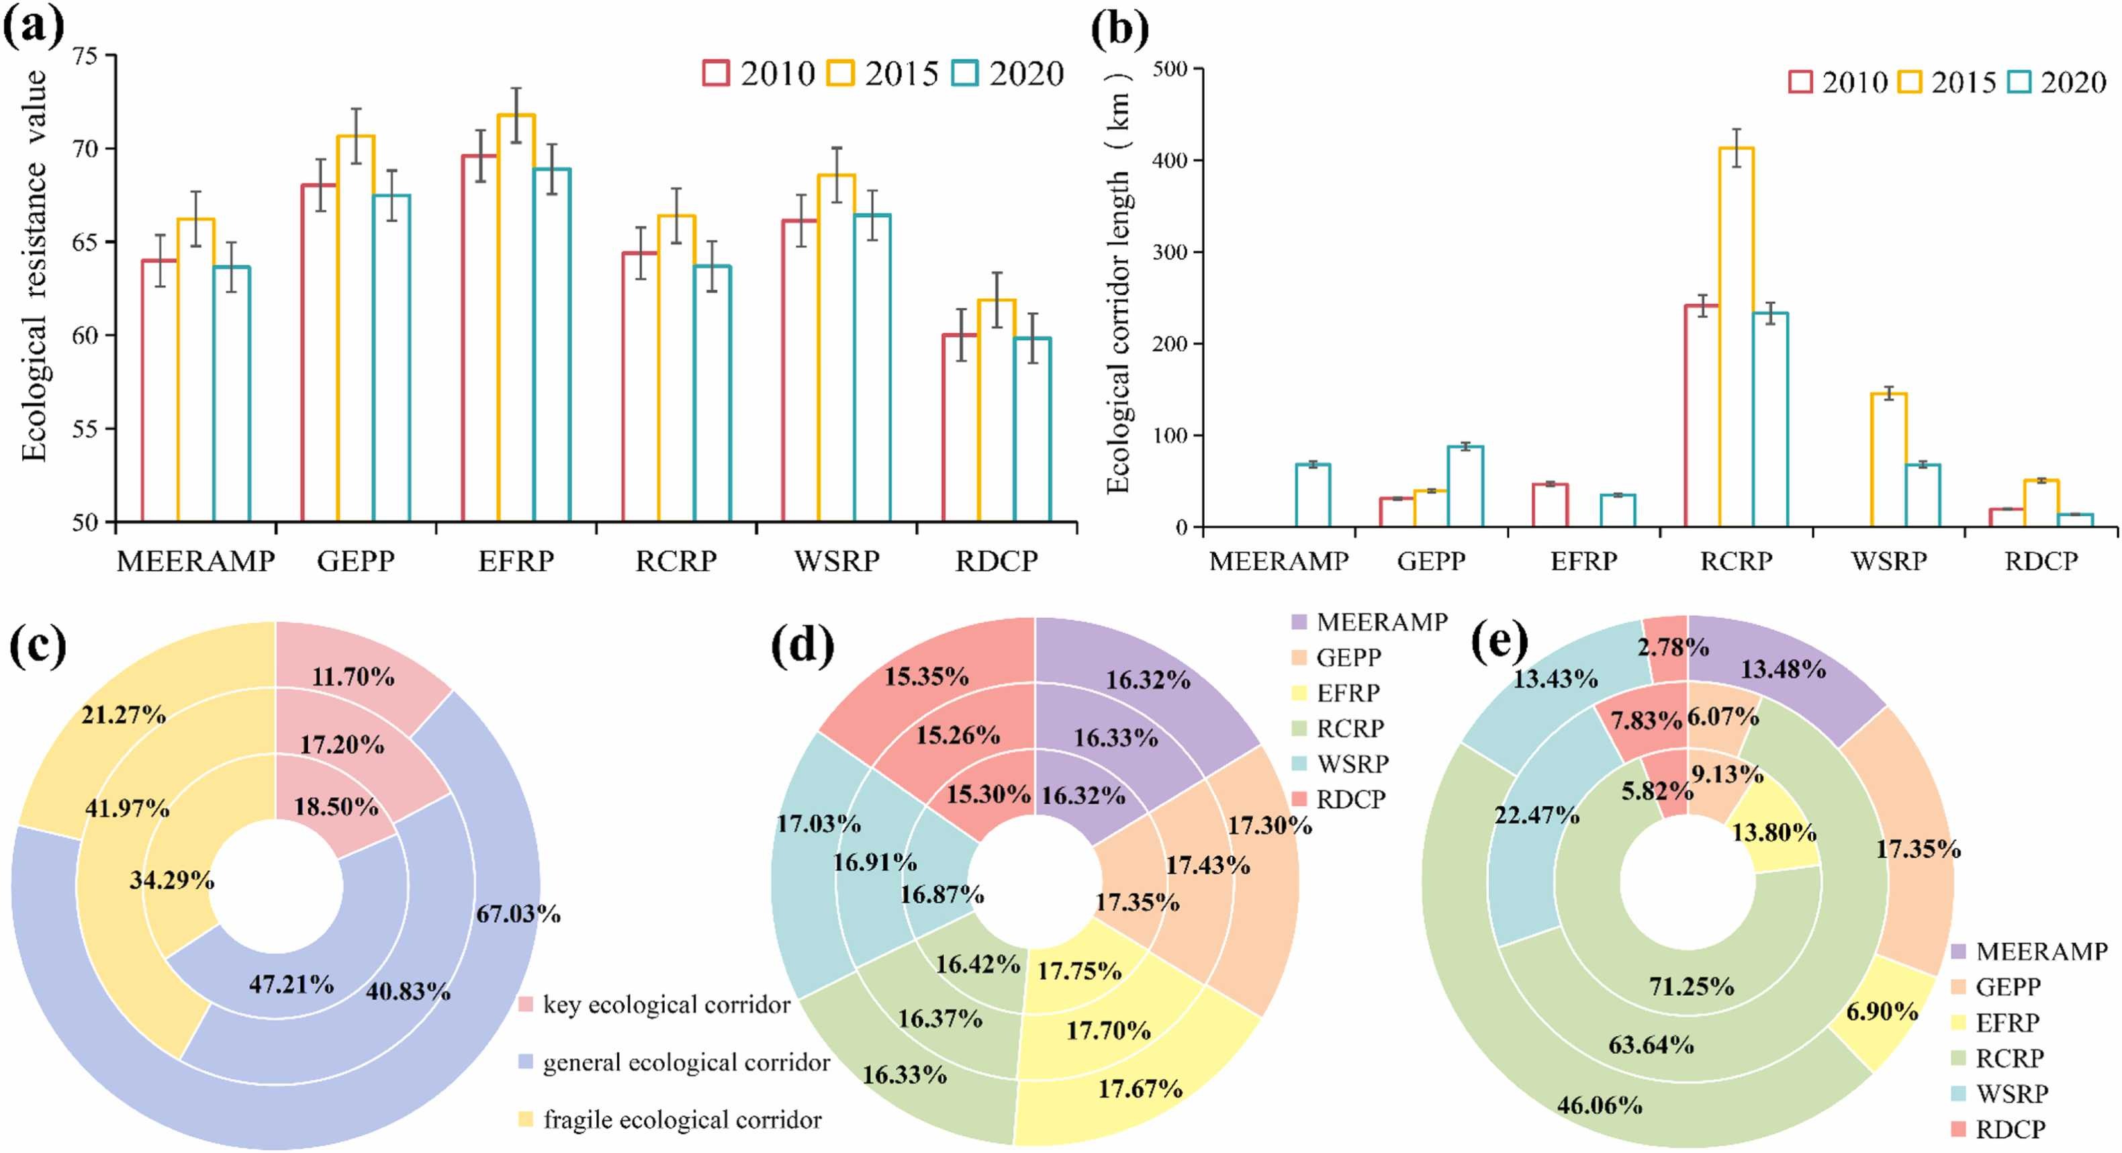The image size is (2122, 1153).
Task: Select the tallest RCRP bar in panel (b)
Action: pos(1736,338)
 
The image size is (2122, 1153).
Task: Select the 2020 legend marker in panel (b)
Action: pos(2021,83)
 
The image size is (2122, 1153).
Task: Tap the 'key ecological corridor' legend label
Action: pos(665,1005)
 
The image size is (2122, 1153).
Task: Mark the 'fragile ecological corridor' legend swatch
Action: pos(526,1119)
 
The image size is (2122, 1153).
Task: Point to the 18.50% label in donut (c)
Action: pos(336,806)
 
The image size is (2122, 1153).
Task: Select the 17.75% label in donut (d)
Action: pos(1079,972)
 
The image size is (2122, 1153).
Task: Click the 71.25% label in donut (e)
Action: pos(1691,986)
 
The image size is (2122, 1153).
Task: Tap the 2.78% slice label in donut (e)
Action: pos(1672,647)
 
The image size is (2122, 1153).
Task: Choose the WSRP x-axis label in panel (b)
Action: pos(1889,561)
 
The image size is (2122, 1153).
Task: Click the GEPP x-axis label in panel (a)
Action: pos(356,561)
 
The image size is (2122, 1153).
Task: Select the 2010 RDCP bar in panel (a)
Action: pos(960,428)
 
